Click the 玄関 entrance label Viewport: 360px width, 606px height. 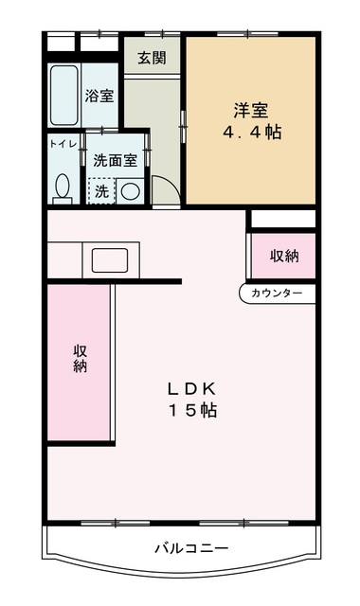tap(152, 58)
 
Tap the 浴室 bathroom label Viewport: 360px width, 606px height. tap(100, 95)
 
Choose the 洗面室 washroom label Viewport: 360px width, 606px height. tap(116, 160)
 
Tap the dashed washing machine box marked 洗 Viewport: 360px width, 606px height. tap(99, 190)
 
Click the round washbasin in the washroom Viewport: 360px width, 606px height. tap(130, 190)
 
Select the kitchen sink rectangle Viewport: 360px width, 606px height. tap(113, 258)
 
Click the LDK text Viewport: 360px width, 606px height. tap(193, 388)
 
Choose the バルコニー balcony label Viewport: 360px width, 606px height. tap(191, 548)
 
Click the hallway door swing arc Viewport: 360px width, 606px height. tap(167, 189)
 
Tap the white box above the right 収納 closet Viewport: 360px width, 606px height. tap(281, 220)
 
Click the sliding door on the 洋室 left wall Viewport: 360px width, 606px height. tap(184, 123)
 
